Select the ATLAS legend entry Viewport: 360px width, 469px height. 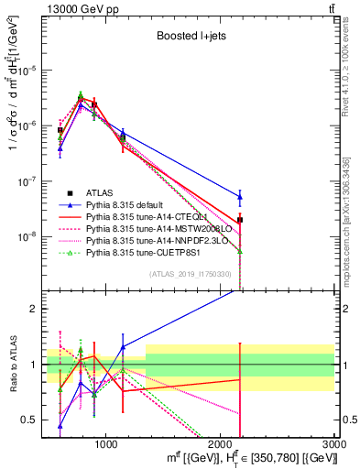pos(101,192)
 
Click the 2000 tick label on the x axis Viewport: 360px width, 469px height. pos(221,442)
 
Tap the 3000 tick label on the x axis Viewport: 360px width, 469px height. pos(334,442)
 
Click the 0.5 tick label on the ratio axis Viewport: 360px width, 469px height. pos(33,420)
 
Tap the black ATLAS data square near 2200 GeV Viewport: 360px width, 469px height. pos(240,220)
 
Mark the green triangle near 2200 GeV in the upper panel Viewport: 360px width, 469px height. pos(240,251)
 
